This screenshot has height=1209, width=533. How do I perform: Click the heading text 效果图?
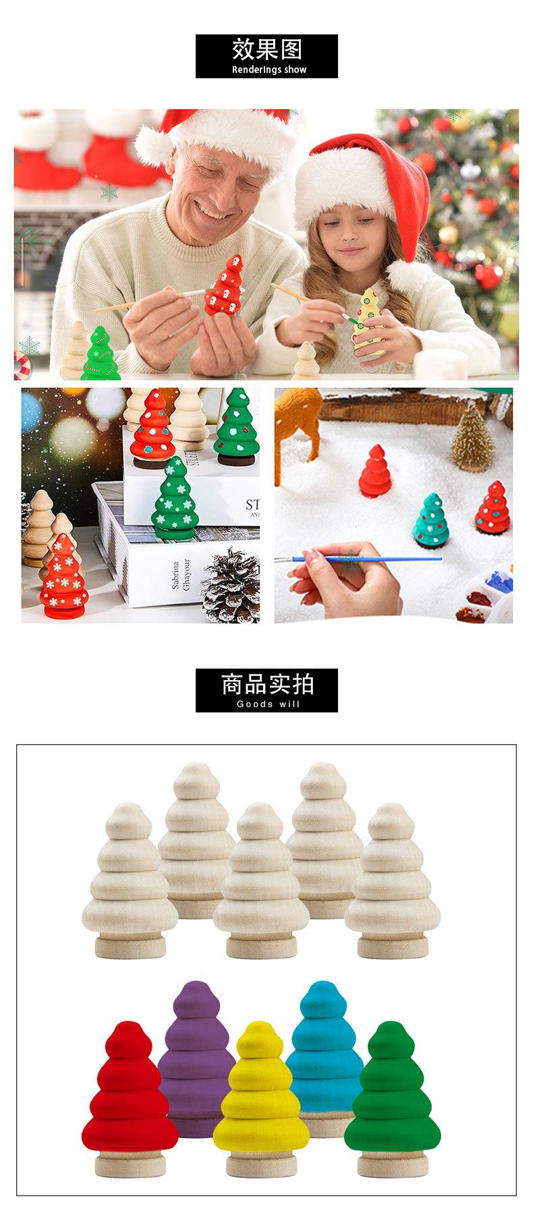coord(266,50)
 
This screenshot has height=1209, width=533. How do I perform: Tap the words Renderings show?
coord(269,69)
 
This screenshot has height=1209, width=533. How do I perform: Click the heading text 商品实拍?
coord(266,684)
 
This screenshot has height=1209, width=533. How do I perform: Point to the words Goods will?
coord(269,704)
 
